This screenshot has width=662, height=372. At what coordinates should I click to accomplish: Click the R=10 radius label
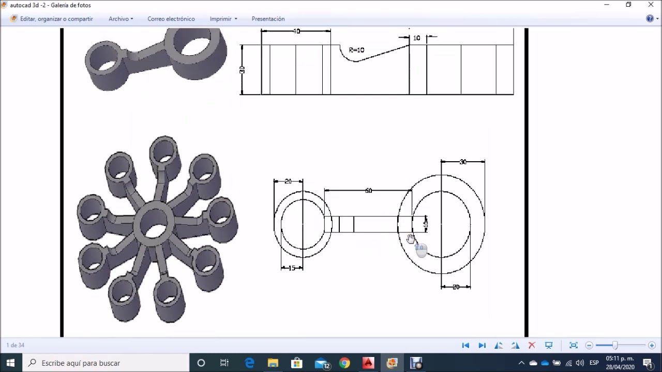[356, 50]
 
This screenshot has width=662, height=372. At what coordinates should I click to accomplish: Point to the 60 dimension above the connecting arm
[368, 191]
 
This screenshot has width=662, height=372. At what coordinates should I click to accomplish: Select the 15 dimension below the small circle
[292, 268]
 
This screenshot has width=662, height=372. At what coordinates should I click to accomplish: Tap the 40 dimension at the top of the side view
[296, 32]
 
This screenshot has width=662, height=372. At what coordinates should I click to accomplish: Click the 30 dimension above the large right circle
[462, 162]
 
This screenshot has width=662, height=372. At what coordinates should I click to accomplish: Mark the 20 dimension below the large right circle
[456, 287]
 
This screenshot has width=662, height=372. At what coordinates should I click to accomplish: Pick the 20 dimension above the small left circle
[288, 181]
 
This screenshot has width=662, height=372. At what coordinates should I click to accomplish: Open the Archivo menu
[121, 19]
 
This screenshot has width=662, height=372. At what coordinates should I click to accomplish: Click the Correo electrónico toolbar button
[171, 19]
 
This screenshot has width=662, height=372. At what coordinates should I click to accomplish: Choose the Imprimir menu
[223, 19]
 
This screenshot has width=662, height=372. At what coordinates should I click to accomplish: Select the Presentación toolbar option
[268, 19]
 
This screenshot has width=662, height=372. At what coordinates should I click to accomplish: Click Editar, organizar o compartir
[56, 19]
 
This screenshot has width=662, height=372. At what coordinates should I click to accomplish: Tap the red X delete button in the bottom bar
[532, 345]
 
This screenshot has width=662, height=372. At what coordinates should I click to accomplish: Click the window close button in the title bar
[651, 5]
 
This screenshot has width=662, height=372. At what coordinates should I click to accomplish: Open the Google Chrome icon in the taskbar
[344, 363]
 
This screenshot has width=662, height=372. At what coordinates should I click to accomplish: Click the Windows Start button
[10, 363]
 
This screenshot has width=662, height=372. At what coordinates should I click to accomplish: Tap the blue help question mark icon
[650, 19]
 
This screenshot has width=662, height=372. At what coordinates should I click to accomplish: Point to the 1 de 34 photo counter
[16, 345]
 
